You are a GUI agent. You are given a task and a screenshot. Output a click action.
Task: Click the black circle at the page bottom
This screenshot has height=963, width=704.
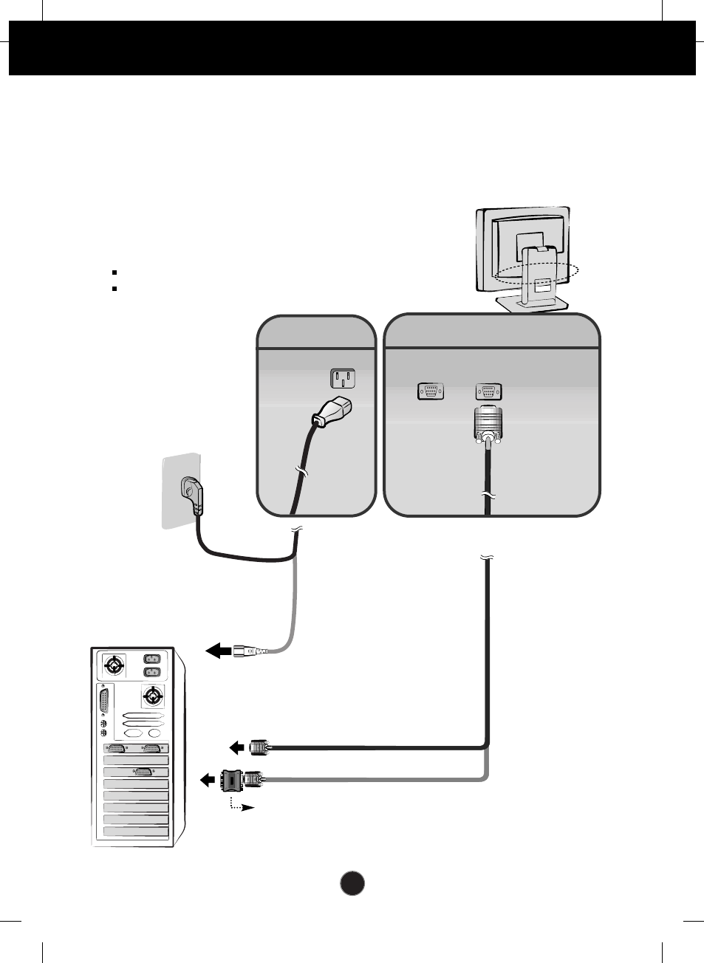tap(352, 883)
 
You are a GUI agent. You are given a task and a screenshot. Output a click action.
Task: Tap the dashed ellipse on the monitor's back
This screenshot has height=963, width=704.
tap(536, 273)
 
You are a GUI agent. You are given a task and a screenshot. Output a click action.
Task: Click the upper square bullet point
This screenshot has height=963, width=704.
tap(115, 273)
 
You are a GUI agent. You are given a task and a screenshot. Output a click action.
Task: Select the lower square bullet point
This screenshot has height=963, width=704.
tap(115, 288)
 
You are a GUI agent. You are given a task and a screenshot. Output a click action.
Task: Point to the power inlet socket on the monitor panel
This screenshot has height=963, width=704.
tap(342, 379)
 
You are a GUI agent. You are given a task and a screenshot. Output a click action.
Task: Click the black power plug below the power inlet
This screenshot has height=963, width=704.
tap(332, 413)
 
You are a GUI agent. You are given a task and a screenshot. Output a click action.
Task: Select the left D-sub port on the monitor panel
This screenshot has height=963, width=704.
tap(431, 391)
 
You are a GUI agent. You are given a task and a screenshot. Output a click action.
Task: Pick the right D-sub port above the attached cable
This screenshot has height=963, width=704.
tap(488, 391)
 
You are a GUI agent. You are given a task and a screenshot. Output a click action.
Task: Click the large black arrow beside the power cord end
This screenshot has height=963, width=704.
tap(218, 651)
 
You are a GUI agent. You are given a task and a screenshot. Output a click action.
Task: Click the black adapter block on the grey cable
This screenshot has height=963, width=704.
tap(232, 780)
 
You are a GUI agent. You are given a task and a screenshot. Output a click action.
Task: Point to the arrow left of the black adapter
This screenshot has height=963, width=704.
tap(207, 780)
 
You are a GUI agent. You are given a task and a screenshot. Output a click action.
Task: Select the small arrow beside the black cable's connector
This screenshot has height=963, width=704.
tap(236, 748)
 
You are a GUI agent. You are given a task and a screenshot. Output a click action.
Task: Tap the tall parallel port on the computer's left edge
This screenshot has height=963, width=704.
tap(103, 700)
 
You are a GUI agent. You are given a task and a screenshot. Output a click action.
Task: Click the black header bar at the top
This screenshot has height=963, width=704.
tap(352, 48)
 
